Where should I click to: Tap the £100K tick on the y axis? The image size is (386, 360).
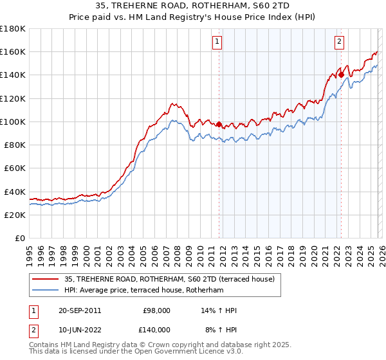12,122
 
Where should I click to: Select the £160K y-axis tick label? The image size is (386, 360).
12,51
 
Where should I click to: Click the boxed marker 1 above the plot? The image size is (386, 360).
218,42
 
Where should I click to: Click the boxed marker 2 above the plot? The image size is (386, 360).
339,42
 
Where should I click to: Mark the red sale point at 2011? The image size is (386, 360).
219,124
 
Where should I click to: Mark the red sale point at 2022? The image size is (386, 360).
341,75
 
